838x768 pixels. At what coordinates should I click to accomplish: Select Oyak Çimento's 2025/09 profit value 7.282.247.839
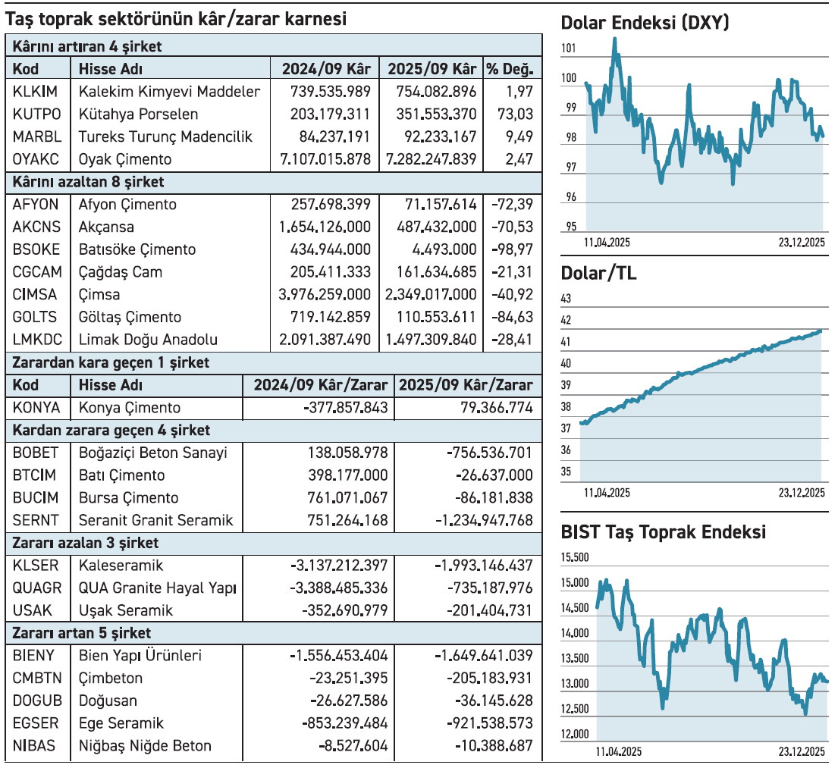point(432,159)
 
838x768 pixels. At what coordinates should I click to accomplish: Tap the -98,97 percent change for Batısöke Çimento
point(512,249)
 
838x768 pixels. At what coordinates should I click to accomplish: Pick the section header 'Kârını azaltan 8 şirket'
point(89,182)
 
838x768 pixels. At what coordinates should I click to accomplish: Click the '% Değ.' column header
point(510,69)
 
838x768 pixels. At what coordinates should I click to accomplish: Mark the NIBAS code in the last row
point(34,746)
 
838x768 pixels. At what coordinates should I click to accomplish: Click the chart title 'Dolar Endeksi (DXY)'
point(645,24)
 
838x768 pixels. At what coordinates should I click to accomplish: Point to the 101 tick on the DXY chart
point(569,49)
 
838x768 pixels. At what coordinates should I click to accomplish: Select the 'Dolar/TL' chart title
point(598,274)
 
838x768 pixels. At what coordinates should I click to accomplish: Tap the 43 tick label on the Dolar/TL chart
point(566,299)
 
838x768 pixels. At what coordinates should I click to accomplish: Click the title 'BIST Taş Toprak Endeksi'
point(663,532)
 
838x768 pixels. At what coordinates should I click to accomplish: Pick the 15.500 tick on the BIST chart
point(574,558)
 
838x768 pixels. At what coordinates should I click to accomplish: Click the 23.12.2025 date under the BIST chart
point(801,751)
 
